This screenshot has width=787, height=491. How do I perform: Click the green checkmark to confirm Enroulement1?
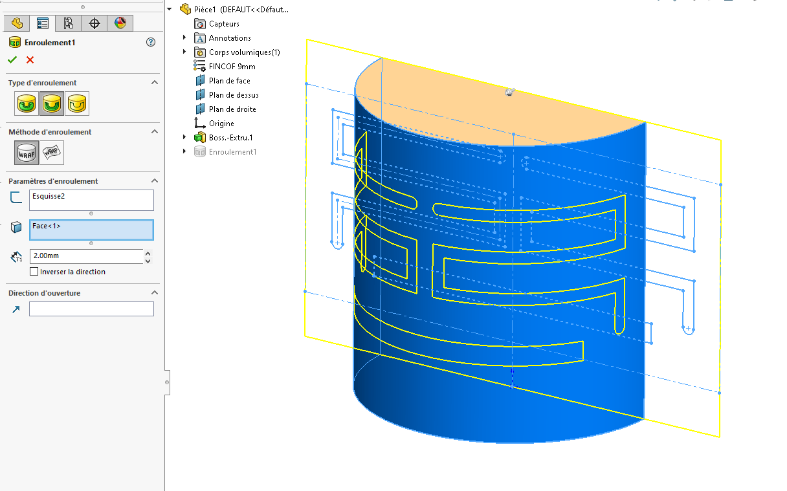12,60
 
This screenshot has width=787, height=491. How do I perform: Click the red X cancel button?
30,60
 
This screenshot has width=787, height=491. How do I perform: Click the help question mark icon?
151,42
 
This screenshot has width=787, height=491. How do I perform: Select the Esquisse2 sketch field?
91,200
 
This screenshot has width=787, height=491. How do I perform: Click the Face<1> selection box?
91,230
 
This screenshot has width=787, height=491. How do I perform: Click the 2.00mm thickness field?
86,256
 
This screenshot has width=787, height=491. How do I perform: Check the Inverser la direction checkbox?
34,272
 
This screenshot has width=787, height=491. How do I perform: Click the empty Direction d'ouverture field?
91,309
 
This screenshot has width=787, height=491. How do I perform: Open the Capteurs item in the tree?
224,24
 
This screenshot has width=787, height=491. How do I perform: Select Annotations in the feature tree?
230,38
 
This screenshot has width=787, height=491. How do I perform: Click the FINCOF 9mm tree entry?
232,67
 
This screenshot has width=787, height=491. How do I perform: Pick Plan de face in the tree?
229,81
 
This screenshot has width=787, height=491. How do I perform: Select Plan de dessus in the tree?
234,95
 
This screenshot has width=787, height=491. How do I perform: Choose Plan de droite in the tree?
232,109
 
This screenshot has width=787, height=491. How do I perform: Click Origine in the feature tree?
221,124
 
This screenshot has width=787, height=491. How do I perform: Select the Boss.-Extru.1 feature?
230,138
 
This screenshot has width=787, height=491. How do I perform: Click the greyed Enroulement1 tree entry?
232,152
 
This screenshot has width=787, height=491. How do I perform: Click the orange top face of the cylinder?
453,97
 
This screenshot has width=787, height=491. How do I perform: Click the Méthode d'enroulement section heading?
50,132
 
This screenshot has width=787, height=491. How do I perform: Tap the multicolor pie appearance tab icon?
120,23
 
